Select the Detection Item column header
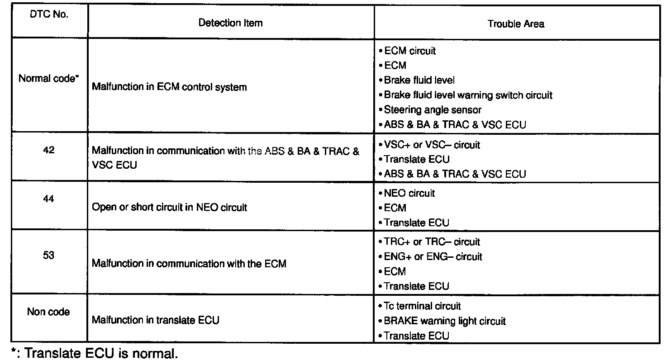tap(230, 23)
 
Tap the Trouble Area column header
tap(516, 24)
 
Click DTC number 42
tap(48, 150)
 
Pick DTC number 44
tap(48, 198)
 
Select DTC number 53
tap(48, 255)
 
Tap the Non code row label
tap(48, 312)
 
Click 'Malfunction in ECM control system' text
tap(169, 87)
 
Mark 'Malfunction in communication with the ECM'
tap(189, 263)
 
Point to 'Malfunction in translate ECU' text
tap(155, 320)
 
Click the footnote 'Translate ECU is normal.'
tap(101, 353)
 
